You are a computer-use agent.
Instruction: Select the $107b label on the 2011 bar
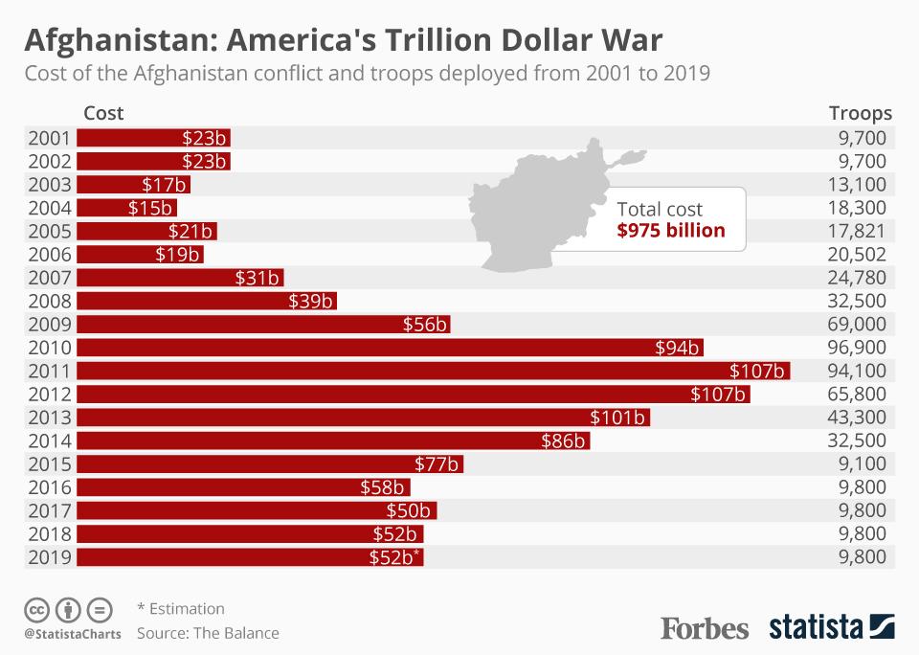(x=757, y=371)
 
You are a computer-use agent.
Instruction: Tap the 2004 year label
(x=50, y=208)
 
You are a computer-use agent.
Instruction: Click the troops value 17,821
(x=859, y=231)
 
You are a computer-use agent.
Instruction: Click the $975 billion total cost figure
(x=671, y=230)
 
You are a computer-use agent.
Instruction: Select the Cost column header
(x=103, y=113)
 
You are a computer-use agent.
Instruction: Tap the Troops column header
(x=860, y=113)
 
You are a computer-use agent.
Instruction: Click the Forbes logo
(x=705, y=628)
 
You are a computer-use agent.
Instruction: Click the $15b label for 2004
(x=149, y=208)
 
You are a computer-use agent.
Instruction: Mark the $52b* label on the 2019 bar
(x=394, y=557)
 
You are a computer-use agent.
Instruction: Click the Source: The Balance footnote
(x=208, y=633)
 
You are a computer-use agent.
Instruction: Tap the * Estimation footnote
(x=181, y=608)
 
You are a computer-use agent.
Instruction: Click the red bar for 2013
(x=364, y=418)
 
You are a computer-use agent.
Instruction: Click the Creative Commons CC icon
(x=36, y=608)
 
